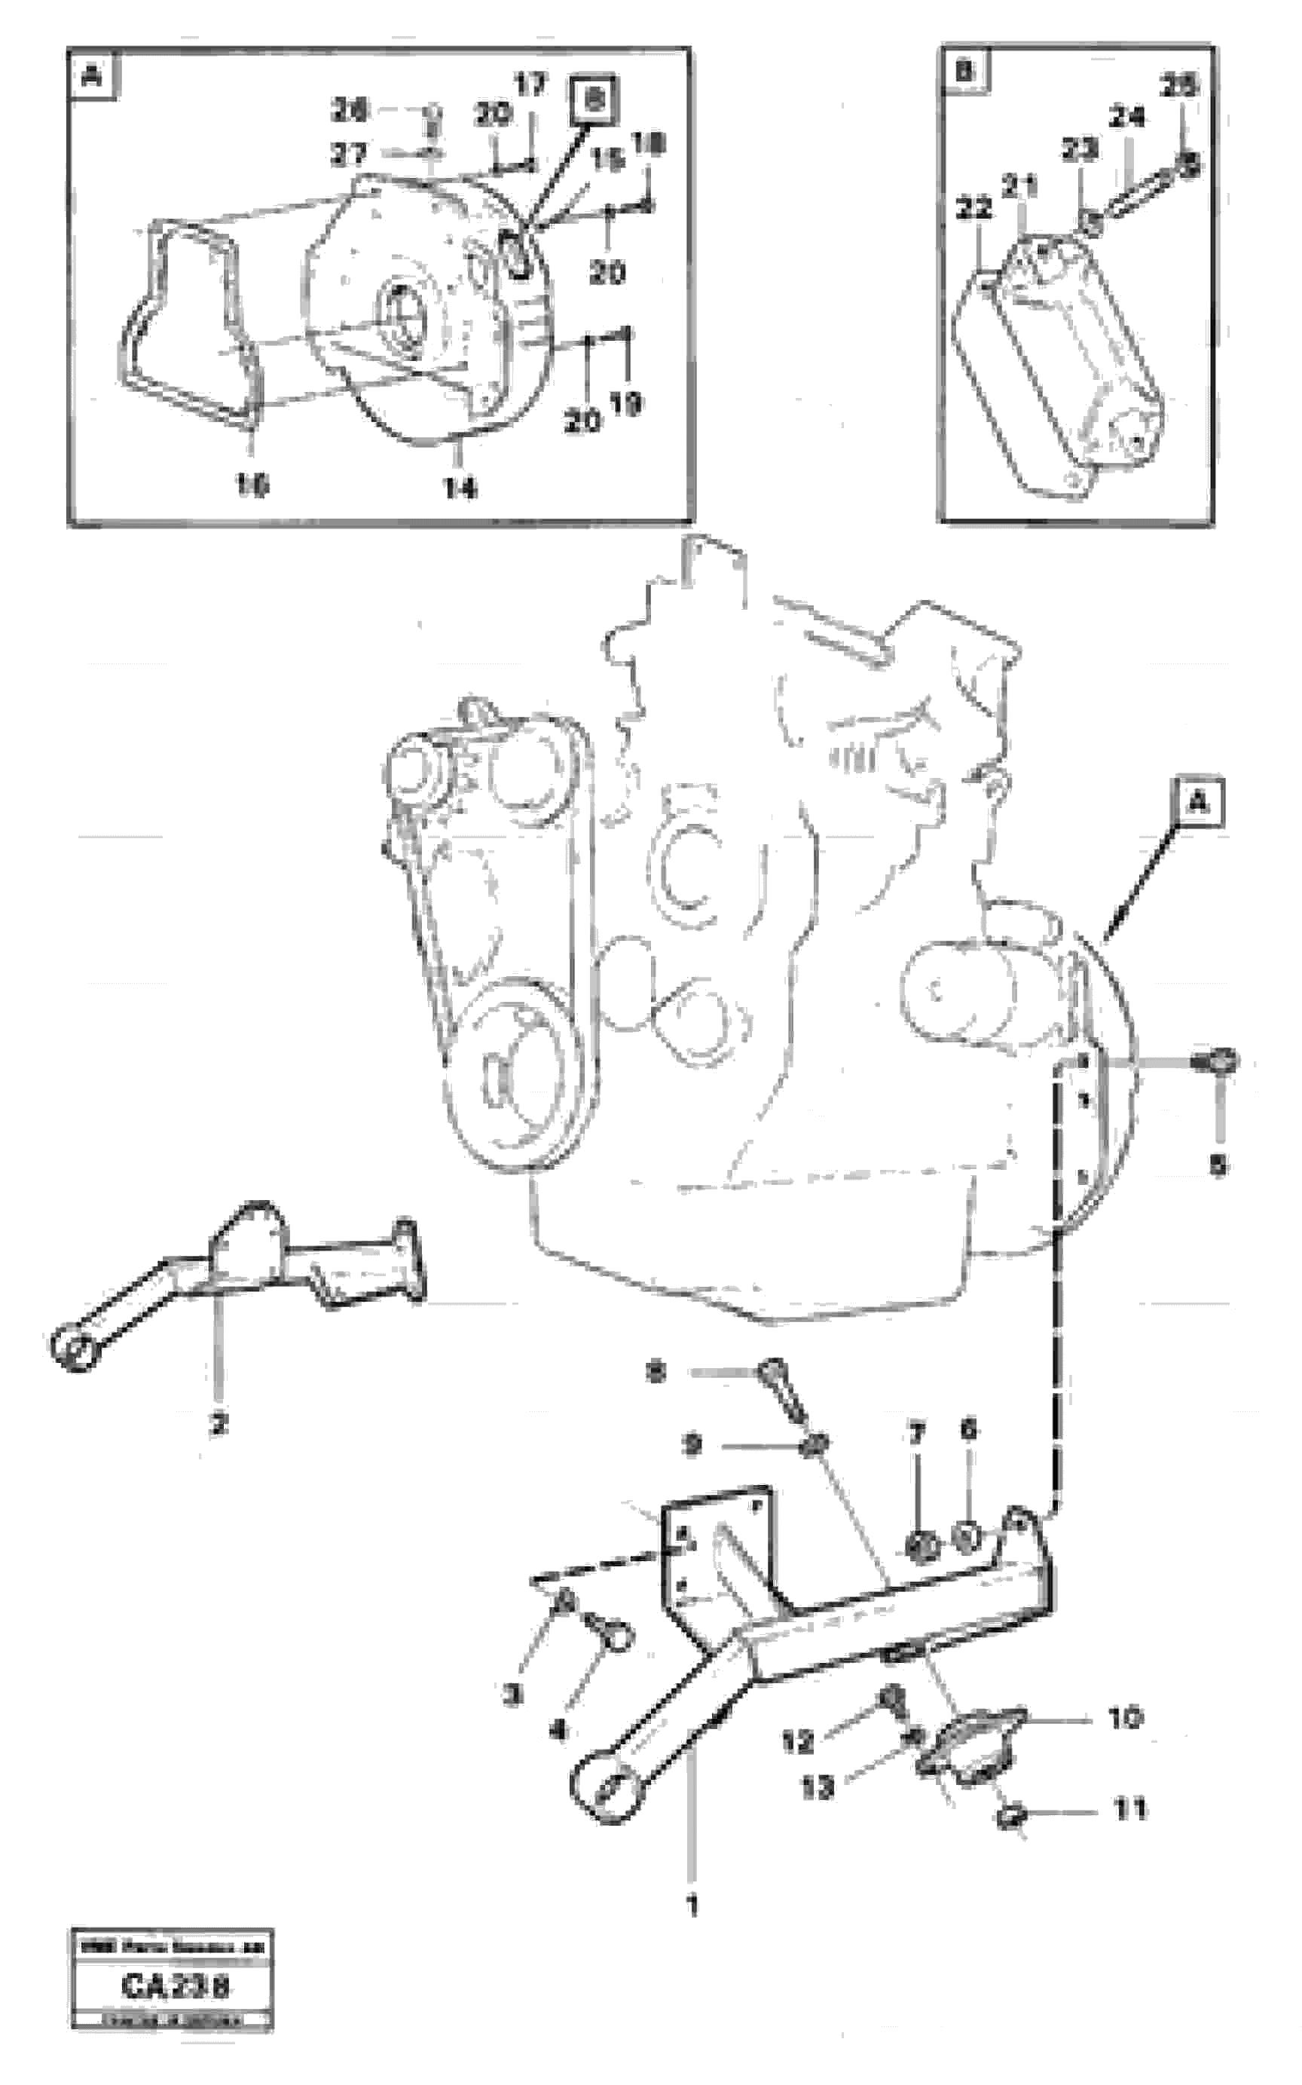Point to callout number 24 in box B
pyautogui.click(x=1126, y=117)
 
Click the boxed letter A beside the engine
pyautogui.click(x=1198, y=803)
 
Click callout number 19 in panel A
pyautogui.click(x=628, y=403)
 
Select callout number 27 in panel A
pyautogui.click(x=349, y=155)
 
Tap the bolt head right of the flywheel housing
pyautogui.click(x=1218, y=1062)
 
